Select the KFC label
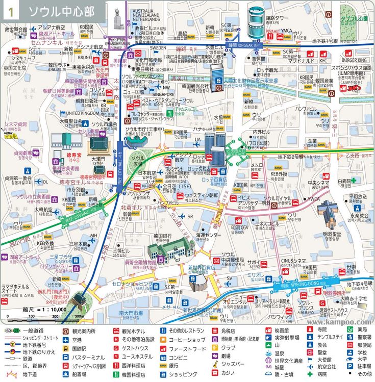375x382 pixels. tap(323, 61)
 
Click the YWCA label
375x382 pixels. tap(314, 199)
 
